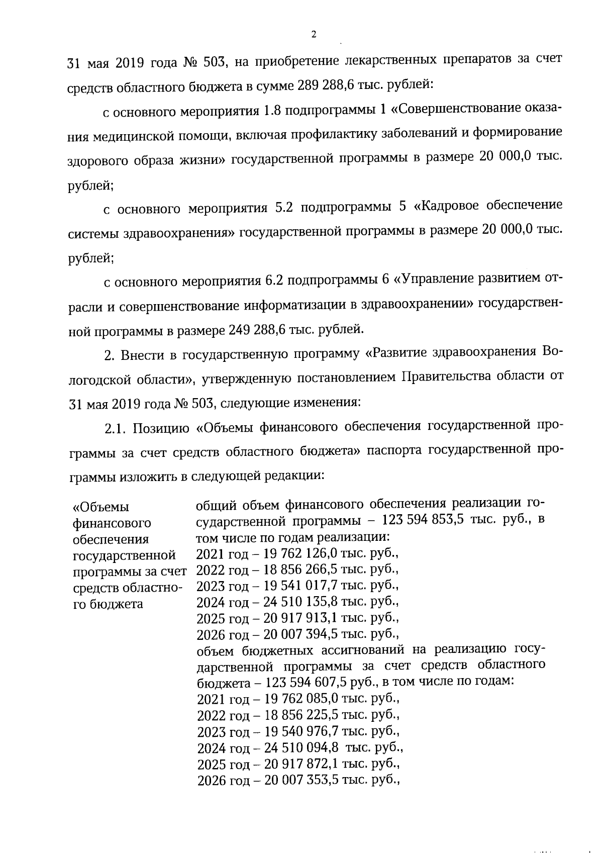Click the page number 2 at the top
tap(314, 35)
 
